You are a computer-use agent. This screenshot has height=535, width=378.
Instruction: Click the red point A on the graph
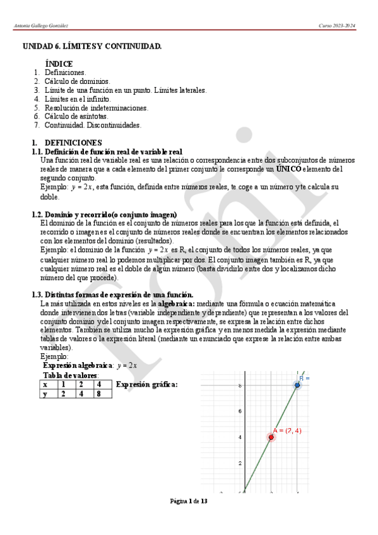(x=271, y=437)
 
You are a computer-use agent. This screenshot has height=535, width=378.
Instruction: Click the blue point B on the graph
(x=297, y=385)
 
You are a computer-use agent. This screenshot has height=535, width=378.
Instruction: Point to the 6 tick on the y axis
(x=240, y=411)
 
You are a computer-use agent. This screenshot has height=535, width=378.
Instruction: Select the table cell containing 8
(x=100, y=394)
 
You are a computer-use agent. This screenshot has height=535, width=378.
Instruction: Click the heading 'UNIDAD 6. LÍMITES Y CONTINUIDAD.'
(x=92, y=47)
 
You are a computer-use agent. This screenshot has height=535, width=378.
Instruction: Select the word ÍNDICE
(x=59, y=64)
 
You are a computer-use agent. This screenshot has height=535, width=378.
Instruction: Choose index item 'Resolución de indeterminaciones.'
(x=97, y=108)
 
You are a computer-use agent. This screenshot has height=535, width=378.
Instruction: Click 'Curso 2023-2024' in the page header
(x=337, y=26)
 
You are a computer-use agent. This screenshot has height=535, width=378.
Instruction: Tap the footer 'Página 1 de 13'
(x=189, y=501)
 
